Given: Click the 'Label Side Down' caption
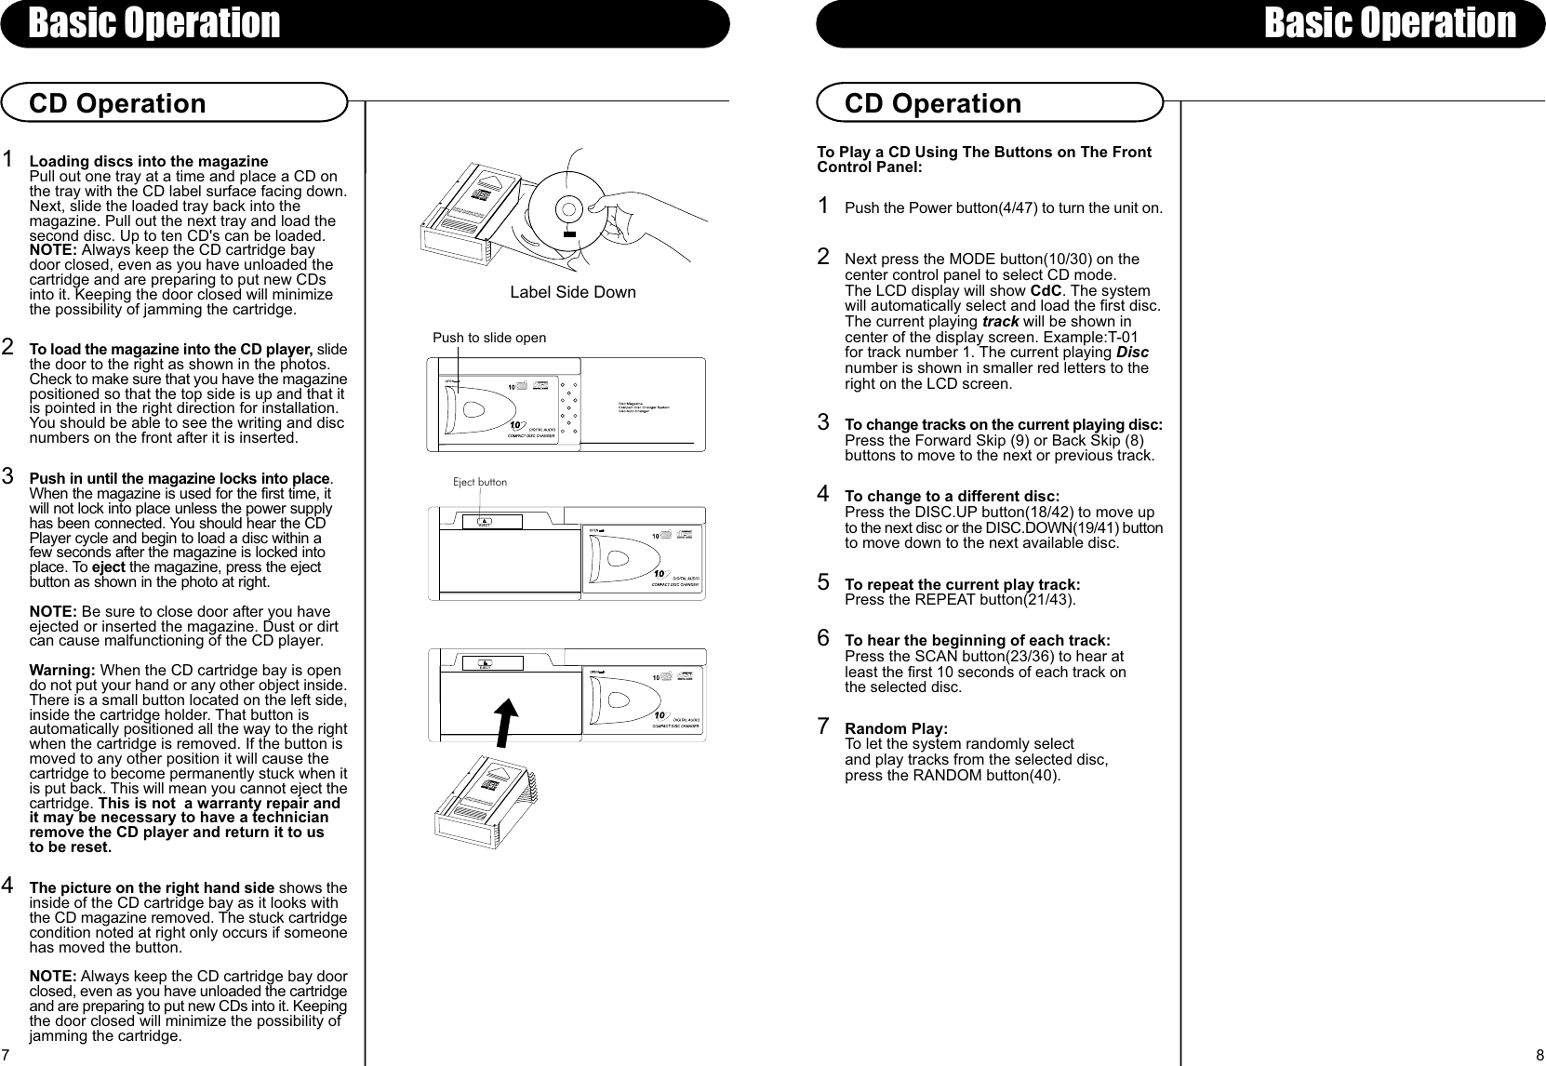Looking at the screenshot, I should [573, 292].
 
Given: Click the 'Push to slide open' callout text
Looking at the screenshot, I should [489, 338].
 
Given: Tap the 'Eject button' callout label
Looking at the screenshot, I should [480, 482].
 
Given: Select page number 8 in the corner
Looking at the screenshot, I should [1539, 1055].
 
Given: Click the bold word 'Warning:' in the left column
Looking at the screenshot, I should [63, 672].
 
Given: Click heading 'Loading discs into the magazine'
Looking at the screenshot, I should [149, 162].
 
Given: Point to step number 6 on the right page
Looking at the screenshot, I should [823, 638].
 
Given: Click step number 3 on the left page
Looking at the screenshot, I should [7, 477].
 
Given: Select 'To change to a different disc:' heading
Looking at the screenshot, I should [952, 497].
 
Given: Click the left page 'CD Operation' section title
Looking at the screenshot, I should [118, 103].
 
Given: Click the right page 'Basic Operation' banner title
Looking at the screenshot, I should [1390, 22].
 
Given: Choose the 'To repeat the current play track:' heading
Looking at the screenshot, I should [962, 584].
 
